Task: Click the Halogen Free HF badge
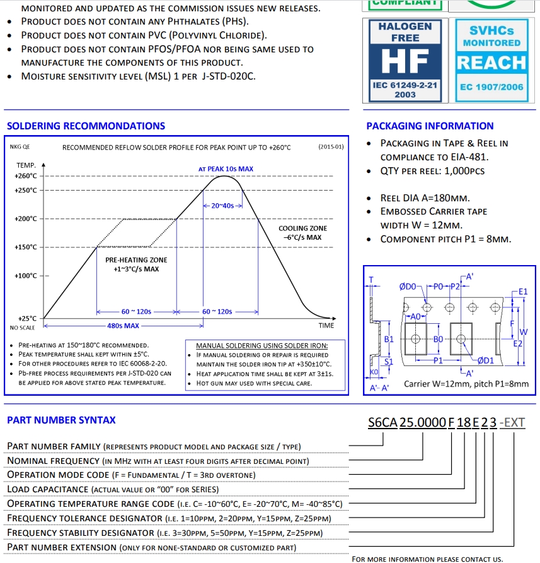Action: pyautogui.click(x=405, y=59)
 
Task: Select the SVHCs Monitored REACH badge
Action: pyautogui.click(x=491, y=59)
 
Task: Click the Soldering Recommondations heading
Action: pyautogui.click(x=86, y=126)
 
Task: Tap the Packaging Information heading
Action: pyautogui.click(x=430, y=126)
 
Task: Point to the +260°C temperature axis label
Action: pyautogui.click(x=25, y=176)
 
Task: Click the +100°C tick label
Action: pyautogui.click(x=25, y=276)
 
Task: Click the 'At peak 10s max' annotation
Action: pyautogui.click(x=226, y=169)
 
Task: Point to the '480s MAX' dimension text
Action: pyautogui.click(x=123, y=326)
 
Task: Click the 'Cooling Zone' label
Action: pyautogui.click(x=302, y=228)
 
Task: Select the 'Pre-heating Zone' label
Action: pyautogui.click(x=136, y=260)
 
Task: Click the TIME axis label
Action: pyautogui.click(x=326, y=326)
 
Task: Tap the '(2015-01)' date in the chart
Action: pyautogui.click(x=331, y=147)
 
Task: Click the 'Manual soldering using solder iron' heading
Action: pyautogui.click(x=262, y=346)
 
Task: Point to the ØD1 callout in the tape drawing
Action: pyautogui.click(x=485, y=360)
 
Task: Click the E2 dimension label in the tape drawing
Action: pyautogui.click(x=518, y=343)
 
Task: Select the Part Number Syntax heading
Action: pyautogui.click(x=61, y=420)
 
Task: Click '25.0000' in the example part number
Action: pyautogui.click(x=423, y=423)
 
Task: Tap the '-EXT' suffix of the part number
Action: pyautogui.click(x=512, y=423)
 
